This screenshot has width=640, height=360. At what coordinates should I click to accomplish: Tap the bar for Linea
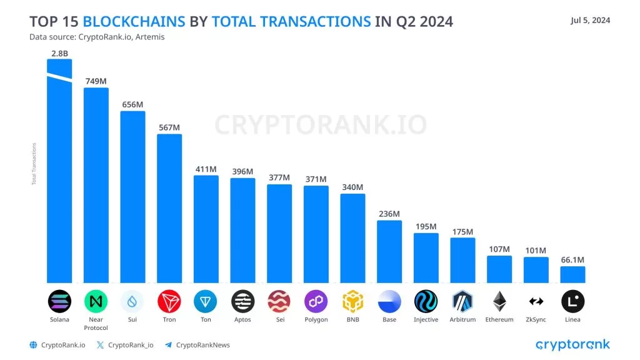click(572, 274)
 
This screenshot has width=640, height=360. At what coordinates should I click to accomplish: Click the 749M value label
click(96, 81)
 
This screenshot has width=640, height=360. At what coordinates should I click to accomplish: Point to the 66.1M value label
click(572, 259)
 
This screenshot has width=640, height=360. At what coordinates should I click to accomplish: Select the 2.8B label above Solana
click(60, 53)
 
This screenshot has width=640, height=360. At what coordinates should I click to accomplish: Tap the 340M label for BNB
click(352, 187)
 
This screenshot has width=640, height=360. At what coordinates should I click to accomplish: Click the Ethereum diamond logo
click(499, 301)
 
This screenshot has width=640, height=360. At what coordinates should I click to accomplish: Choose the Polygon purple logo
click(316, 301)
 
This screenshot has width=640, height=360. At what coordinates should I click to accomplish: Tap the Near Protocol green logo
click(96, 301)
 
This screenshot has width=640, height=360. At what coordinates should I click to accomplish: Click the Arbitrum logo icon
click(462, 301)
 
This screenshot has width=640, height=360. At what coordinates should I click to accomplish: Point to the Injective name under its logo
click(426, 319)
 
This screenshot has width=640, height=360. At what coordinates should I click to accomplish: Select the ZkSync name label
click(536, 319)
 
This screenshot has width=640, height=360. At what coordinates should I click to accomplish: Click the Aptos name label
click(242, 319)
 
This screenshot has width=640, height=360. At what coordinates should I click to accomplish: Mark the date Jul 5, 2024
click(590, 21)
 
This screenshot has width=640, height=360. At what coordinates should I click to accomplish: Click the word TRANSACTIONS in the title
click(291, 22)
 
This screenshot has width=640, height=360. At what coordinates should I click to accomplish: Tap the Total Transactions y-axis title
click(34, 164)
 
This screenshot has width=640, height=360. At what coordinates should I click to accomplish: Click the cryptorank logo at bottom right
click(572, 344)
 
